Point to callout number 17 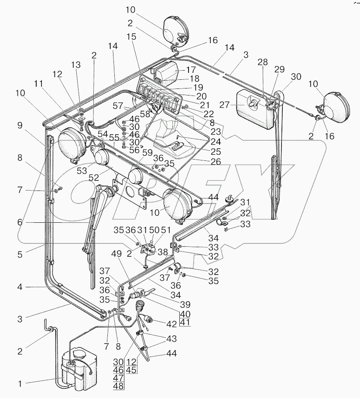pos(191,69)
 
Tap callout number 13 pos(76,65)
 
